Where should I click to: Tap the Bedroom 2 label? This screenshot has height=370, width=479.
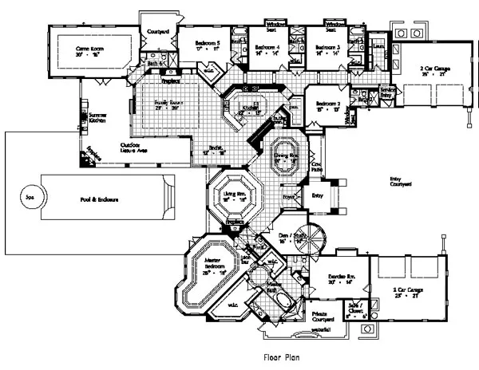click(x=327, y=104)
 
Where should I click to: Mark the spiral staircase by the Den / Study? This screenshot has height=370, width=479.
click(x=314, y=242)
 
